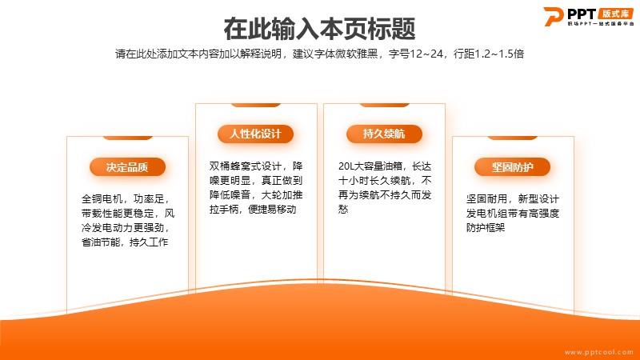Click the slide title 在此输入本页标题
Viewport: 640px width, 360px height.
coord(319,29)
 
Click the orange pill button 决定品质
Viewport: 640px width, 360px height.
coord(127,167)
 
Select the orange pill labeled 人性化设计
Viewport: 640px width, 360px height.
coord(255,134)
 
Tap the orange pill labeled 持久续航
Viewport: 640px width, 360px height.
coord(384,134)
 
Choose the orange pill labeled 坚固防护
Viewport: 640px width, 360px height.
coord(512,167)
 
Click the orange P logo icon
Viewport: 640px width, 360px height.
coord(554,16)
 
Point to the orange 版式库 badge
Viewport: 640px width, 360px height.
coord(615,14)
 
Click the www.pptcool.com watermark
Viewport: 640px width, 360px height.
coord(598,352)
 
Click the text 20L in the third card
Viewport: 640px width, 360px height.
coord(346,166)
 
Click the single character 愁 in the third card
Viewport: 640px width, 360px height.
coord(343,210)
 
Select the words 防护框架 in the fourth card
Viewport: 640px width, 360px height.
coord(486,228)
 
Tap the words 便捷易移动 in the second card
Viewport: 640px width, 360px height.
coord(272,210)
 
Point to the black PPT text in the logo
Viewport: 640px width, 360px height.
coord(582,14)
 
